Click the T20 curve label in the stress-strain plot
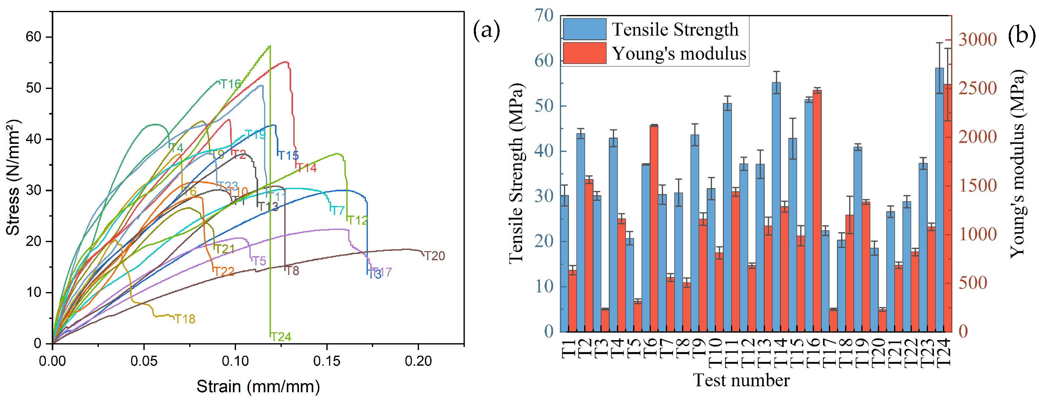tap(434, 256)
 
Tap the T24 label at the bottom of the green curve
tap(281, 337)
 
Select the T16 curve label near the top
tap(230, 84)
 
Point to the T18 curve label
tap(185, 319)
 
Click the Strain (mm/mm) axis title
tap(258, 386)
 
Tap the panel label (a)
tap(486, 30)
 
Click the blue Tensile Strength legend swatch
tap(584, 29)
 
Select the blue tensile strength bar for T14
tap(776, 206)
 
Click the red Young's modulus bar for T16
tap(817, 210)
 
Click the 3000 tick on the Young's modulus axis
tap(977, 40)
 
